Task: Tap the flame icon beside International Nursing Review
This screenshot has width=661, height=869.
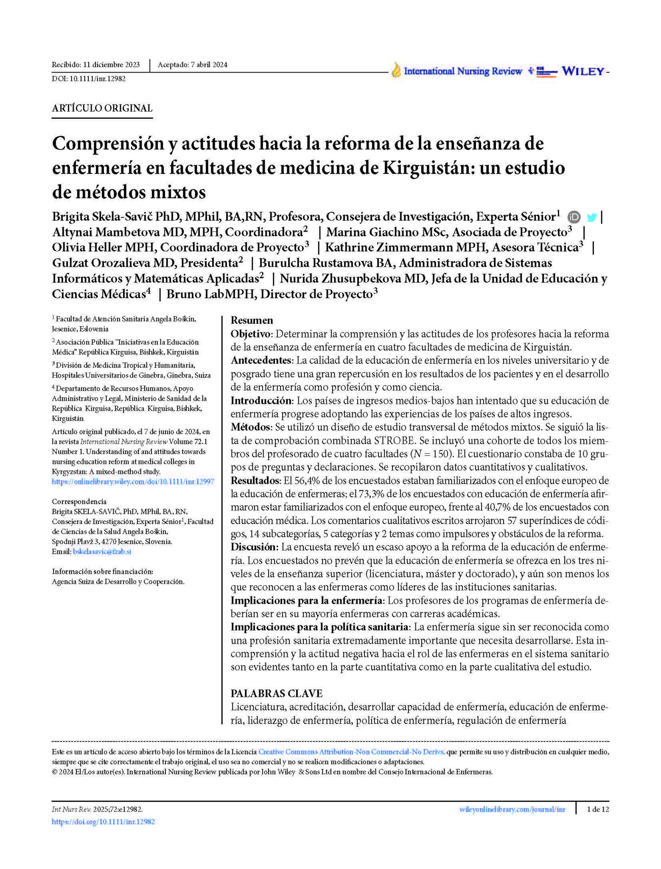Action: click(396, 70)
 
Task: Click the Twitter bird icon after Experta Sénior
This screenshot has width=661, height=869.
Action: click(592, 218)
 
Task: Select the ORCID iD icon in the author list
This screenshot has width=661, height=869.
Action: click(574, 217)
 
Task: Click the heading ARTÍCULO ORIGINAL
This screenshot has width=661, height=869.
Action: click(102, 108)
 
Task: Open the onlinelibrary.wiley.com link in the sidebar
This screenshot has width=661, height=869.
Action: click(133, 482)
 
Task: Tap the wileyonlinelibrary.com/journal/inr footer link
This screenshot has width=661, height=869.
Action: click(512, 809)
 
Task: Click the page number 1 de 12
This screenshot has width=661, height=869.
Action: click(597, 809)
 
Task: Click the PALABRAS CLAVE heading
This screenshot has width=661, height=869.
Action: click(276, 693)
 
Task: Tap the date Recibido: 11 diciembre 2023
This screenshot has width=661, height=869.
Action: click(95, 65)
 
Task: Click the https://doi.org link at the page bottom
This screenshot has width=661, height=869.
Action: click(103, 821)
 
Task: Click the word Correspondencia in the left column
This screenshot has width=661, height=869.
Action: click(79, 502)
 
